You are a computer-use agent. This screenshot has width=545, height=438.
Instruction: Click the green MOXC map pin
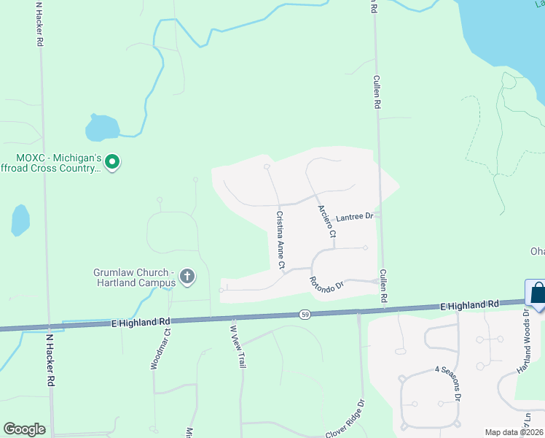(x=111, y=161)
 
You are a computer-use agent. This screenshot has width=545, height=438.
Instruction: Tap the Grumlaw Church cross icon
(x=187, y=276)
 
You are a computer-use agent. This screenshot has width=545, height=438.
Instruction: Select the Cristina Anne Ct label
(x=280, y=239)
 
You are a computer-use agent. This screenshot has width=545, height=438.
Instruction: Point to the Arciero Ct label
(x=326, y=220)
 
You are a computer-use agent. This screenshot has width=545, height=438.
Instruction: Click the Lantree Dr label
(x=354, y=217)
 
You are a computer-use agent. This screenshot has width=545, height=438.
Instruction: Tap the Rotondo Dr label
(x=325, y=285)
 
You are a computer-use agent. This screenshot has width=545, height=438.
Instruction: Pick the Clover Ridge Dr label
(x=345, y=419)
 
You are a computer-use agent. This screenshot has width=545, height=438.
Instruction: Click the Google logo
(x=24, y=429)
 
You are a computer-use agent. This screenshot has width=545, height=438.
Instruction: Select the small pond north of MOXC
(x=101, y=128)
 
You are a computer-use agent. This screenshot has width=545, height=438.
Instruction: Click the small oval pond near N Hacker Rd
(x=20, y=220)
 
